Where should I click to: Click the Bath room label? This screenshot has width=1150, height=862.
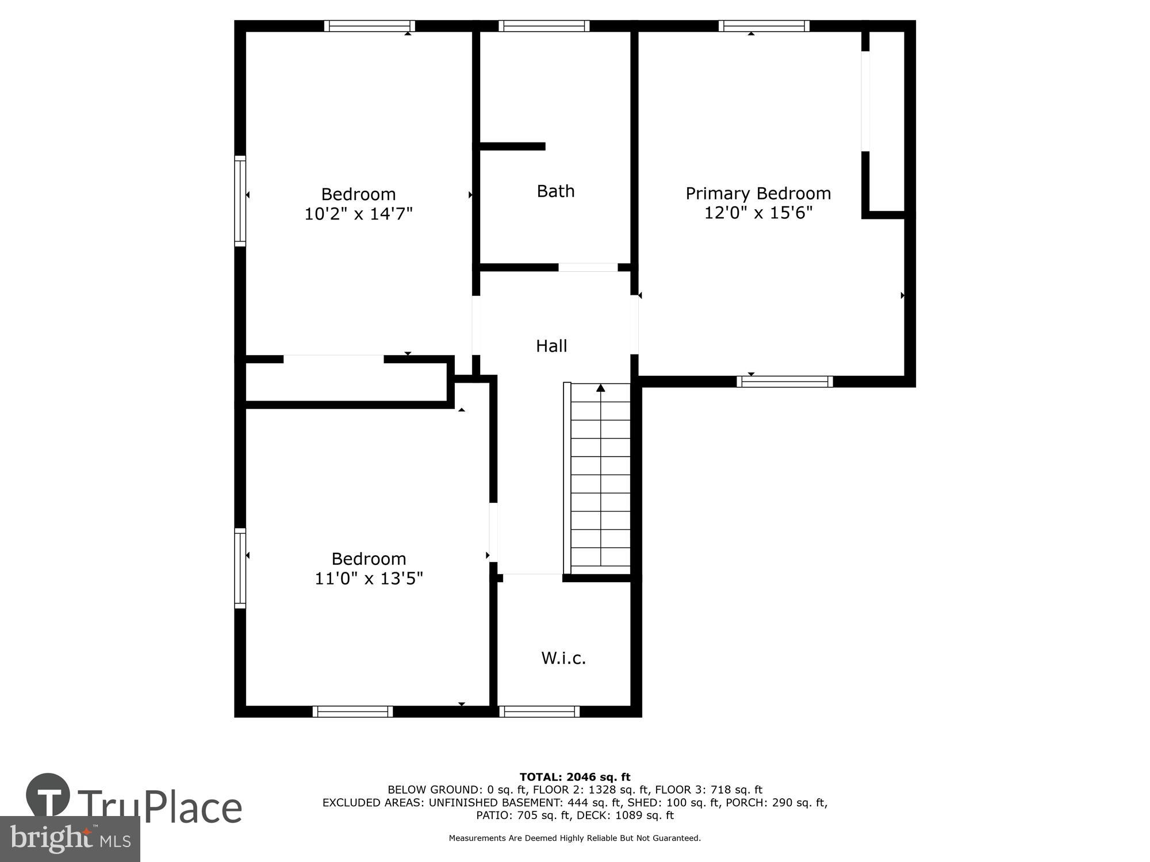(x=555, y=191)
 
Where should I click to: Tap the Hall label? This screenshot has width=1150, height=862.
(x=551, y=345)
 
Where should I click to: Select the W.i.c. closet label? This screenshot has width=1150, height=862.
(x=563, y=658)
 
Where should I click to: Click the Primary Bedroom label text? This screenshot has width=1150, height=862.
(x=758, y=193)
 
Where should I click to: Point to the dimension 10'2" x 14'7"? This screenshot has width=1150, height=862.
(x=358, y=214)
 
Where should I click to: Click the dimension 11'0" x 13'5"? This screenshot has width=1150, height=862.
(x=369, y=578)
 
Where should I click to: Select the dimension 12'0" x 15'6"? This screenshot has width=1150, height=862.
(x=758, y=213)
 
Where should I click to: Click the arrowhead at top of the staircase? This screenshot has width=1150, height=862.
(x=601, y=388)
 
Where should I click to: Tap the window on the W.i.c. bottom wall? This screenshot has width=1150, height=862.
(x=539, y=711)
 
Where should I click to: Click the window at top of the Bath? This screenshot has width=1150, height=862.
(x=544, y=26)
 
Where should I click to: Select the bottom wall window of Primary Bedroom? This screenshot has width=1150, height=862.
(x=784, y=382)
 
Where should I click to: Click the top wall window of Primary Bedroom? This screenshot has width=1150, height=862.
(x=764, y=26)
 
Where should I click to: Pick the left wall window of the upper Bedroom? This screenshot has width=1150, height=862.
(x=240, y=201)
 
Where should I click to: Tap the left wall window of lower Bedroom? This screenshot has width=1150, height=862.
(x=240, y=568)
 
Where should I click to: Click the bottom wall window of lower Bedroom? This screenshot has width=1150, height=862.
(x=352, y=711)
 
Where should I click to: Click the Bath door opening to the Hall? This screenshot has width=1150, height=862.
(x=588, y=267)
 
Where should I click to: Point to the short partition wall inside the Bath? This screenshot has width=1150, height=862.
(x=512, y=147)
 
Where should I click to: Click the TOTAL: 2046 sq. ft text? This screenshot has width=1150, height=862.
(x=574, y=778)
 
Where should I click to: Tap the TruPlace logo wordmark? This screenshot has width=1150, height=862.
(x=159, y=807)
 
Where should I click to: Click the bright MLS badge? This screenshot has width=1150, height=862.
(x=70, y=839)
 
